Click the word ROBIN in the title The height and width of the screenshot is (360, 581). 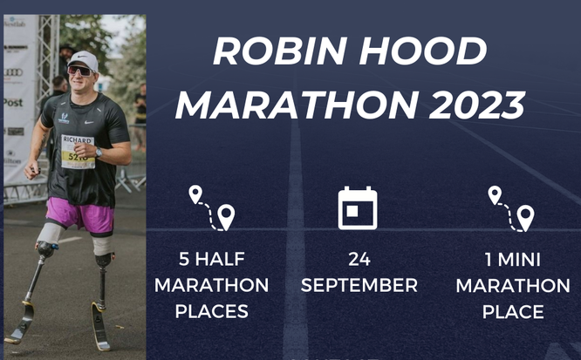click(280, 51)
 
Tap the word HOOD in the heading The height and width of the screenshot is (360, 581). click(423, 51)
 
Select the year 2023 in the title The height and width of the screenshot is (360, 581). click(477, 105)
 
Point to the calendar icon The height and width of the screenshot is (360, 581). click(358, 208)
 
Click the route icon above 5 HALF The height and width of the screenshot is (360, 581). click(212, 208)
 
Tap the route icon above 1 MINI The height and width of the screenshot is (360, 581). click(511, 209)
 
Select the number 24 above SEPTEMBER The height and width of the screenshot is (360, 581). click(359, 259)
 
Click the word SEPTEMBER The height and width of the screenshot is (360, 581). click(359, 285)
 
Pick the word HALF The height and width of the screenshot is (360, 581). click(220, 259)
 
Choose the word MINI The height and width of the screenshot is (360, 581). click(519, 260)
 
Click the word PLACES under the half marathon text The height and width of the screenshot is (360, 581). click(212, 311)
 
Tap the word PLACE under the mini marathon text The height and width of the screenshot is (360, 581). click(513, 312)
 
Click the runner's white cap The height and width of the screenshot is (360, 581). click(84, 59)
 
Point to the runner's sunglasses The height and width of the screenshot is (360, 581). click(80, 71)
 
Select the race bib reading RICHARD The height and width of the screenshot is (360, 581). click(78, 152)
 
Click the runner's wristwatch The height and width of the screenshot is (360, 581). click(99, 153)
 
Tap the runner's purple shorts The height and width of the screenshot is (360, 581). click(81, 215)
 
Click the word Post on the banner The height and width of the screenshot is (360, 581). click(13, 103)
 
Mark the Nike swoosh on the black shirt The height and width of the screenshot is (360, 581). click(89, 122)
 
